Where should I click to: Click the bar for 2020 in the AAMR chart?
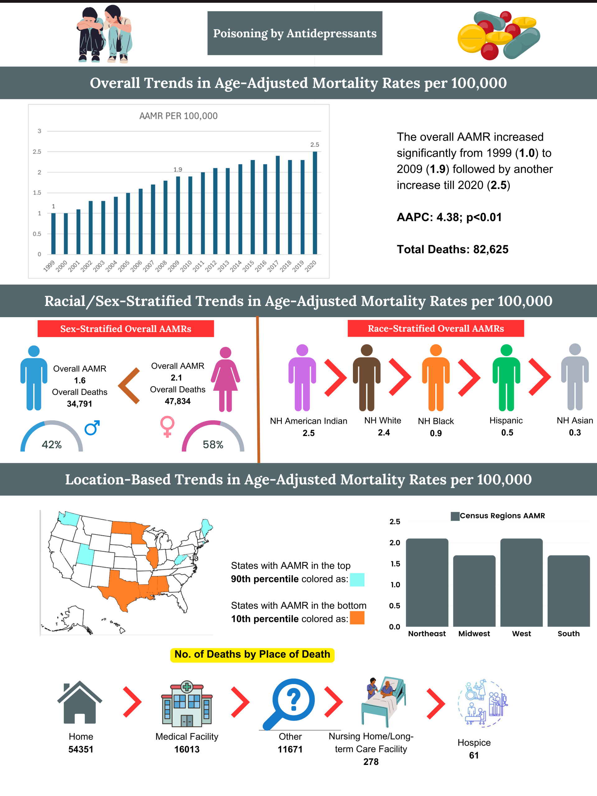[315, 203]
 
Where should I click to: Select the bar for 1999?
[53, 234]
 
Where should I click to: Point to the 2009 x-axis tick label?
[174, 266]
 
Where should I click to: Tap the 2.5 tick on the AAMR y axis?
[37, 152]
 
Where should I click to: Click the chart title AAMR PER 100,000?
[178, 116]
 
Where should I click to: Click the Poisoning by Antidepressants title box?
[295, 33]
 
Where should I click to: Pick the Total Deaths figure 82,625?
[490, 249]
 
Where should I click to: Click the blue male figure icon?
[34, 378]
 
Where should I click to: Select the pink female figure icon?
[225, 379]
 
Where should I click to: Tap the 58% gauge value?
[213, 445]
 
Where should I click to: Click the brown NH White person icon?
[366, 377]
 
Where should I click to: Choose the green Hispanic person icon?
[506, 377]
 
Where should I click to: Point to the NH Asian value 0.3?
[575, 433]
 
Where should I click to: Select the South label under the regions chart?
[569, 634]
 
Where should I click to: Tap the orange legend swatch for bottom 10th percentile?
[357, 618]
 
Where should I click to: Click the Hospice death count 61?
[474, 755]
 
